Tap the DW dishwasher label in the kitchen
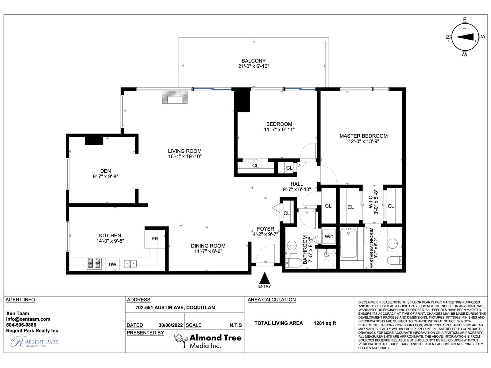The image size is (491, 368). [112, 265]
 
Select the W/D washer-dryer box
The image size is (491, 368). [329, 237]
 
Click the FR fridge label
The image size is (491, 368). [155, 239]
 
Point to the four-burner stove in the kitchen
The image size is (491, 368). [94, 263]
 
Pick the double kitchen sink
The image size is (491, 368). [130, 263]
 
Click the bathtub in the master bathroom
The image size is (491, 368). [348, 243]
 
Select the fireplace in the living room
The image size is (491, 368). [175, 97]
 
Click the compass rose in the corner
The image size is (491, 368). [465, 37]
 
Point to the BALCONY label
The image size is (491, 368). [253, 61]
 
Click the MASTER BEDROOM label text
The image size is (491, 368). [364, 136]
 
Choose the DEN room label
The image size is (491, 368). [105, 171]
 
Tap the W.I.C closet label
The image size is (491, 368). [370, 202]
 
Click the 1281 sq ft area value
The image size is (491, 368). [325, 323]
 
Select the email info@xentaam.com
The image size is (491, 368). [28, 319]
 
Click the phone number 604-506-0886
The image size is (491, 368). [21, 325]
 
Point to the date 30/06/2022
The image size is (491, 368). [170, 325]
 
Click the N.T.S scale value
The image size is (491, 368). [236, 325]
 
